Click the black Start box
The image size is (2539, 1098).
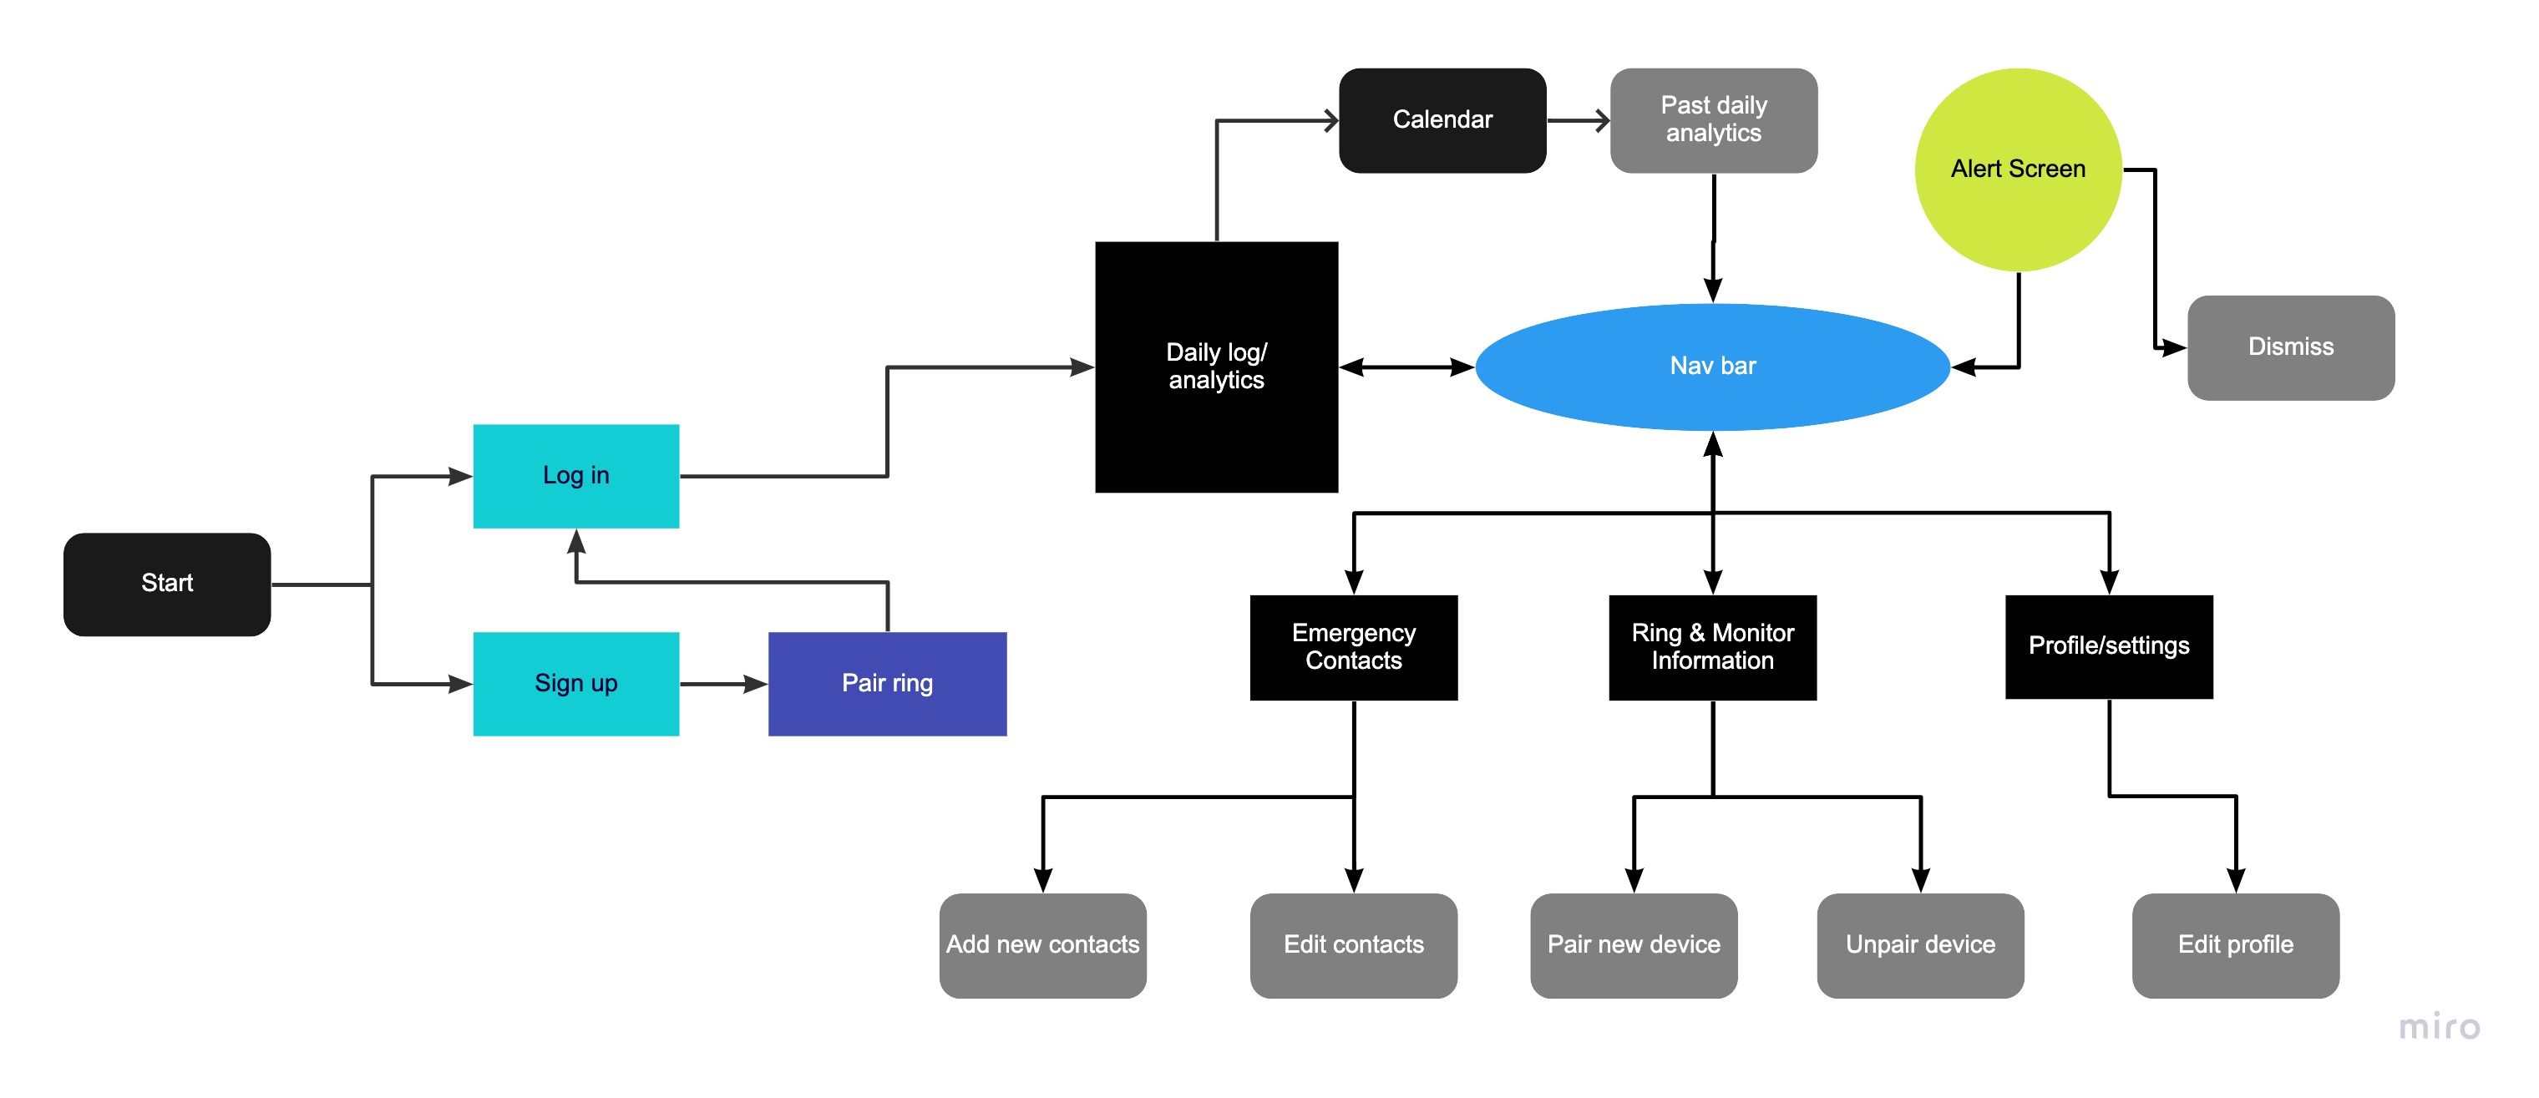pos(166,584)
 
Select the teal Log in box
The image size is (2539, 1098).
pos(575,476)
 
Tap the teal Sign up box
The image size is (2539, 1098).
pos(575,683)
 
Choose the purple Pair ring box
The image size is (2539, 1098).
pos(887,683)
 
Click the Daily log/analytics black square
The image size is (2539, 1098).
pos(1216,367)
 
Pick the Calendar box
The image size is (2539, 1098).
pos(1442,120)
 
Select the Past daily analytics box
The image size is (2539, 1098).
pos(1713,120)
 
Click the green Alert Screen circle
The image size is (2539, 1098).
pos(2018,170)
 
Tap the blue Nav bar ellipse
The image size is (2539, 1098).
pos(1712,367)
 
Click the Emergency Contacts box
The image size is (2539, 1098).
pos(1353,648)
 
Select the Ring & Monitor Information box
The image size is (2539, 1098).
pos(1712,648)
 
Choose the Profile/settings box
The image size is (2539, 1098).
pos(2108,646)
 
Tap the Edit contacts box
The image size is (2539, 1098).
pos(1353,945)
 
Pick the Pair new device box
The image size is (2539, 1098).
pos(1633,945)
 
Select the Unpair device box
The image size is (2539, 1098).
pos(1920,945)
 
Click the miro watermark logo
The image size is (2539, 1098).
pos(2439,1027)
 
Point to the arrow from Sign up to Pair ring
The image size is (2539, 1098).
pos(722,683)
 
